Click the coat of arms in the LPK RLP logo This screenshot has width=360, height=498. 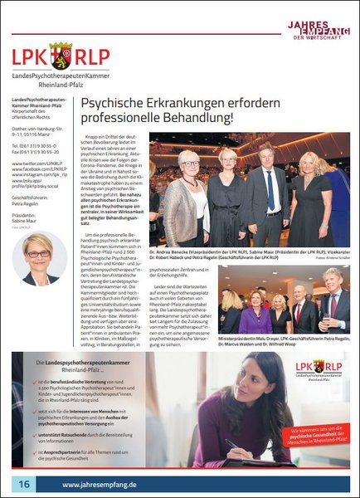pos(60,56)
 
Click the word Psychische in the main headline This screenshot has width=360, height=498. pos(112,104)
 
